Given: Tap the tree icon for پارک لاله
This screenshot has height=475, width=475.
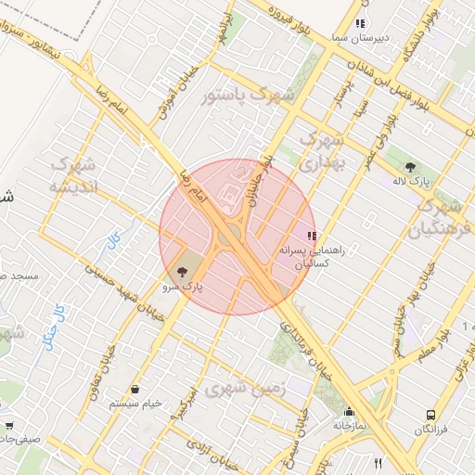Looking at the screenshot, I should [410, 167].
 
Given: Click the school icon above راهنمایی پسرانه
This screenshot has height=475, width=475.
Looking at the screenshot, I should [312, 236].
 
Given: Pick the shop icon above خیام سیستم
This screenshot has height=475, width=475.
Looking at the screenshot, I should [136, 390].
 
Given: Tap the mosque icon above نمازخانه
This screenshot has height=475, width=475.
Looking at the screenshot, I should [350, 413].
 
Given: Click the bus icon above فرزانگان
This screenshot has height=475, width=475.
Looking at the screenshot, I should [430, 415].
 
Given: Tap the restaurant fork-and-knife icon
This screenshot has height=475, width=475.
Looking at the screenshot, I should [378, 462].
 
